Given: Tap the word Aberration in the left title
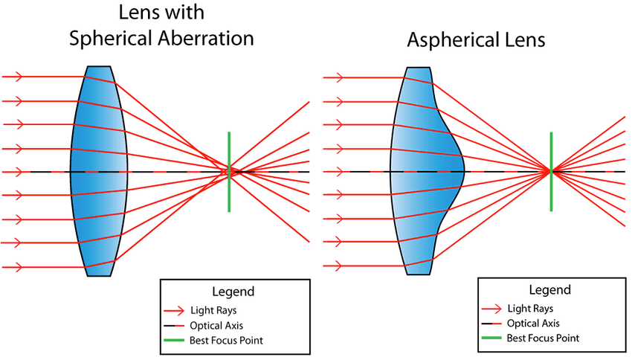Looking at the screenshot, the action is click(205, 38).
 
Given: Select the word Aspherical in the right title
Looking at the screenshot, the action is click(451, 40).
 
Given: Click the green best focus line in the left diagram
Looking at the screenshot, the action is click(229, 172).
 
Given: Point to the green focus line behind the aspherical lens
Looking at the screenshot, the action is click(551, 171).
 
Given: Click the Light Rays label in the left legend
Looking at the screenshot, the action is click(213, 310).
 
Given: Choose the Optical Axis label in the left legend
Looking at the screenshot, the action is click(216, 325).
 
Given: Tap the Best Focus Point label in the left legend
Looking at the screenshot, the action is click(226, 340).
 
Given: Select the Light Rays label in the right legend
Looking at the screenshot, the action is click(530, 309).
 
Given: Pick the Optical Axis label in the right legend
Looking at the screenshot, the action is click(533, 324).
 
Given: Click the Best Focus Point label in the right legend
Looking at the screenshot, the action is click(543, 338).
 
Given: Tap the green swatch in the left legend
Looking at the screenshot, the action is click(174, 340).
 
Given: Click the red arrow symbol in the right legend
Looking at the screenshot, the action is click(491, 309).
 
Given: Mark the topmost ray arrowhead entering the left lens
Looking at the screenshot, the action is click(18, 77).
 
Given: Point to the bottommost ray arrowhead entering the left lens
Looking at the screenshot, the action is click(18, 267).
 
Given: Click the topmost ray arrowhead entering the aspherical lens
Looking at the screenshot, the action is click(338, 77).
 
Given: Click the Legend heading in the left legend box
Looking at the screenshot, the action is click(233, 292).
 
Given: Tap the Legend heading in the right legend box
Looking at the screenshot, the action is click(549, 289).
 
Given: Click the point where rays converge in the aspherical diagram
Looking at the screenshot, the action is click(551, 171).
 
